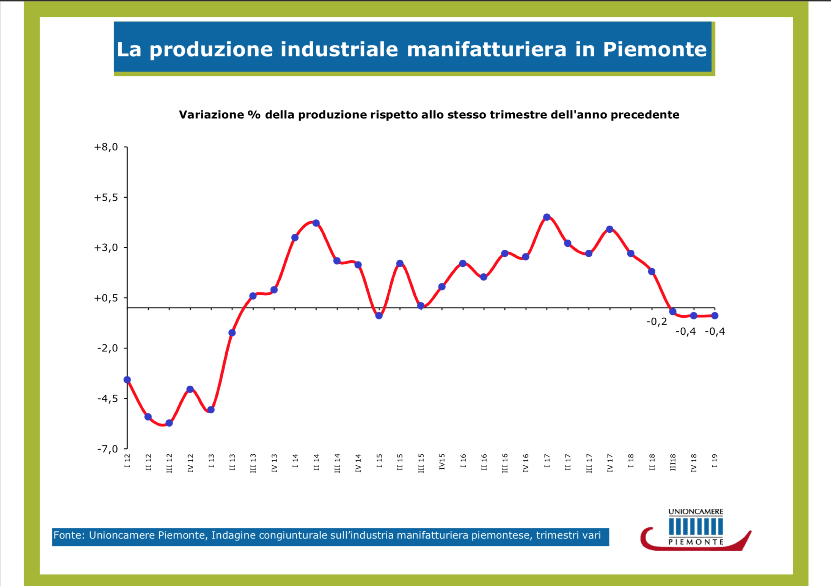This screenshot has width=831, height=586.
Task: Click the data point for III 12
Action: tap(169, 423)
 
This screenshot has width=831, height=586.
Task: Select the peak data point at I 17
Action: tap(547, 217)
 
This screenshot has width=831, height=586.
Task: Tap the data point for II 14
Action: tap(316, 223)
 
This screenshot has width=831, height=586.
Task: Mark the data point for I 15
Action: tap(379, 315)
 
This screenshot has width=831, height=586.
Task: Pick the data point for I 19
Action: tap(715, 315)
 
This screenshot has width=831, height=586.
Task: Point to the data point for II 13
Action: tap(232, 333)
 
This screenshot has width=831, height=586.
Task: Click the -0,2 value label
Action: tap(656, 322)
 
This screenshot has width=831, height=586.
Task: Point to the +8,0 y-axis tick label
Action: tap(106, 147)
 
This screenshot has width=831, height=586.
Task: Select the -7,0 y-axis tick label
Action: tap(107, 449)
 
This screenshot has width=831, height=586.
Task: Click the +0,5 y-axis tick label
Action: tap(106, 298)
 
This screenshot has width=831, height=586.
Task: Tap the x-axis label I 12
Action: tap(127, 461)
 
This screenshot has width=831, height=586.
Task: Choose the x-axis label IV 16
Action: tap(526, 463)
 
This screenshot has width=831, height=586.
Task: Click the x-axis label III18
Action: tap(673, 462)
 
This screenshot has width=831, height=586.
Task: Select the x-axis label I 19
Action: tap(715, 461)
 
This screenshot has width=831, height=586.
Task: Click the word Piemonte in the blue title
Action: tap(655, 49)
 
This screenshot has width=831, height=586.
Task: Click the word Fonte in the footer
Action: tap(69, 536)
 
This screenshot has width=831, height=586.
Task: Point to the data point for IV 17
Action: tap(610, 229)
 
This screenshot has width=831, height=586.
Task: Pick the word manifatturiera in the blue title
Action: tap(487, 49)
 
